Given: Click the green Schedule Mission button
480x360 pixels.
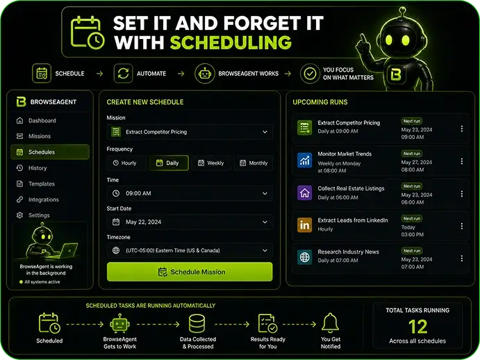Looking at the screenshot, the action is (x=190, y=272).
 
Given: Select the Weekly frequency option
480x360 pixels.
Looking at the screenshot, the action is (x=211, y=163).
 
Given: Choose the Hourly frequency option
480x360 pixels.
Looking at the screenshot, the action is (x=126, y=163).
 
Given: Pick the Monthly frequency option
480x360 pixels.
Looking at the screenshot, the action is (x=254, y=163).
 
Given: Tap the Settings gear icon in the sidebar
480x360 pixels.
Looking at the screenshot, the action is (x=20, y=215).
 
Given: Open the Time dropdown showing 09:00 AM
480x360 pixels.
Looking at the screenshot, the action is (x=190, y=193).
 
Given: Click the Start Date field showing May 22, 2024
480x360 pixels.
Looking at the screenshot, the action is (x=190, y=222).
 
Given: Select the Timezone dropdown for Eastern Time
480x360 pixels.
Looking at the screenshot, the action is (x=190, y=250).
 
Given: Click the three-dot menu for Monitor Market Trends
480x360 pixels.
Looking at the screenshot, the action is (x=462, y=161).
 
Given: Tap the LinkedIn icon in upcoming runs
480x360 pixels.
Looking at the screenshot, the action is (x=304, y=225).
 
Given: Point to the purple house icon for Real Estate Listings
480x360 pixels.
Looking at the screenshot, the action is (x=304, y=193).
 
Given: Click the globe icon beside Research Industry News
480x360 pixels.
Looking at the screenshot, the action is (x=304, y=257).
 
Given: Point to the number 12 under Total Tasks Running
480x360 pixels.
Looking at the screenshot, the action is (x=417, y=327).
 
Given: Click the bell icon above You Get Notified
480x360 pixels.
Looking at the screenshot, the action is (x=331, y=323).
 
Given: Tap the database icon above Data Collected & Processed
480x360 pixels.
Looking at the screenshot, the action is (x=197, y=324).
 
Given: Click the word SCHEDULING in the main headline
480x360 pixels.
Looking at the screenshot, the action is (x=231, y=42).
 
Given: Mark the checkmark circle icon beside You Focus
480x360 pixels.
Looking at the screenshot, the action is (x=310, y=74).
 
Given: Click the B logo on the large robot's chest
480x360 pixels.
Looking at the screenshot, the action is (x=396, y=74).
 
